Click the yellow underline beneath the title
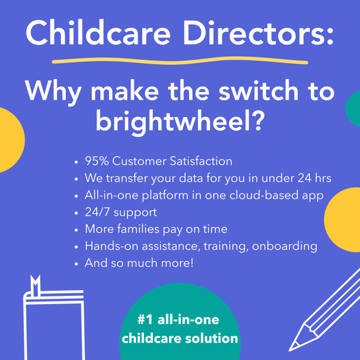coord(180,62)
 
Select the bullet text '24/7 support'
coord(120,212)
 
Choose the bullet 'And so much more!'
coord(138,263)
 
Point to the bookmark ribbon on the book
coord(35,283)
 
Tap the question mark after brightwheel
coord(256,120)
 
